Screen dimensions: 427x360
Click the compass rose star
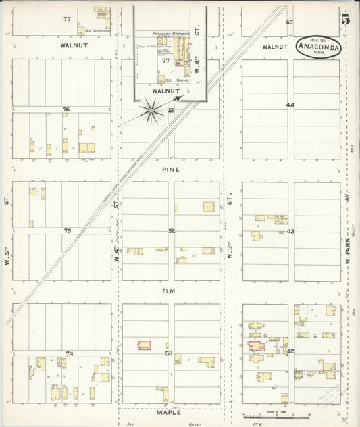click(x=152, y=110)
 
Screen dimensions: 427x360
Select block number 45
click(x=289, y=22)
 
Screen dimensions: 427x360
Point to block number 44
click(x=290, y=105)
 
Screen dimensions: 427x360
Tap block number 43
click(x=290, y=232)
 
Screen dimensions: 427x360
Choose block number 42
click(x=290, y=351)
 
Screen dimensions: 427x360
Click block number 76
click(x=66, y=109)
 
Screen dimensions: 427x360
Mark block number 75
click(x=67, y=231)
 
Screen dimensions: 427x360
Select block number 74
click(x=68, y=353)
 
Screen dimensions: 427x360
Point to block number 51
click(x=172, y=110)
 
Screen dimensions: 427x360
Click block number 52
click(x=172, y=231)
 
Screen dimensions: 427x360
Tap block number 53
click(x=169, y=353)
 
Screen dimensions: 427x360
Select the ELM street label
click(x=170, y=291)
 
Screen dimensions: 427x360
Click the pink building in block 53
click(x=144, y=345)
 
